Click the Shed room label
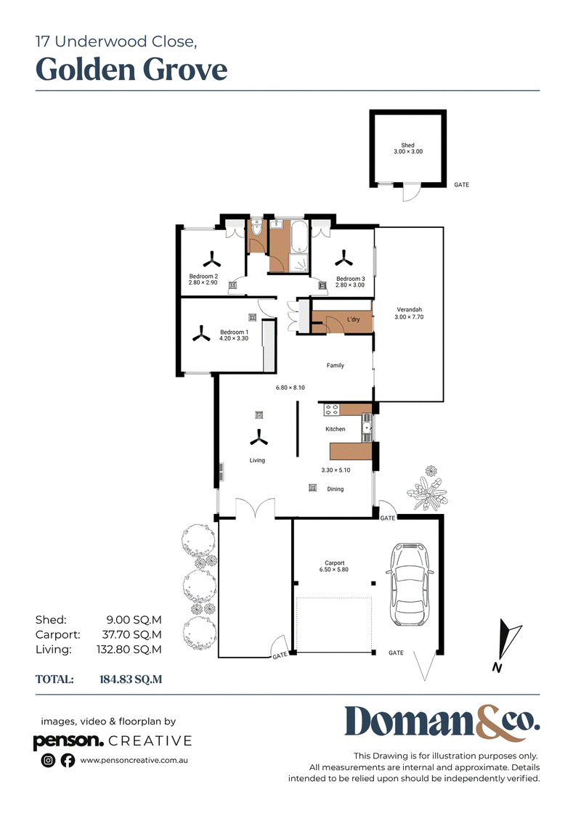point(407,145)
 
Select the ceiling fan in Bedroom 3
point(344,258)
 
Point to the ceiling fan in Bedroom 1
point(202,333)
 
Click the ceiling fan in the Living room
point(259,438)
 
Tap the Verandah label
point(409,309)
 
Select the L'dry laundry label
point(353,319)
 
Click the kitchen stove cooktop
point(331,409)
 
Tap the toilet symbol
point(256,228)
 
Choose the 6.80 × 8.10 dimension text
point(290,388)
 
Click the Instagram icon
point(48,760)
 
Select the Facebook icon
point(68,760)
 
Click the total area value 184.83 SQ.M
point(131,679)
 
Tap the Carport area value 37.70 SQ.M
point(132,634)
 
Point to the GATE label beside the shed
point(462,185)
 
